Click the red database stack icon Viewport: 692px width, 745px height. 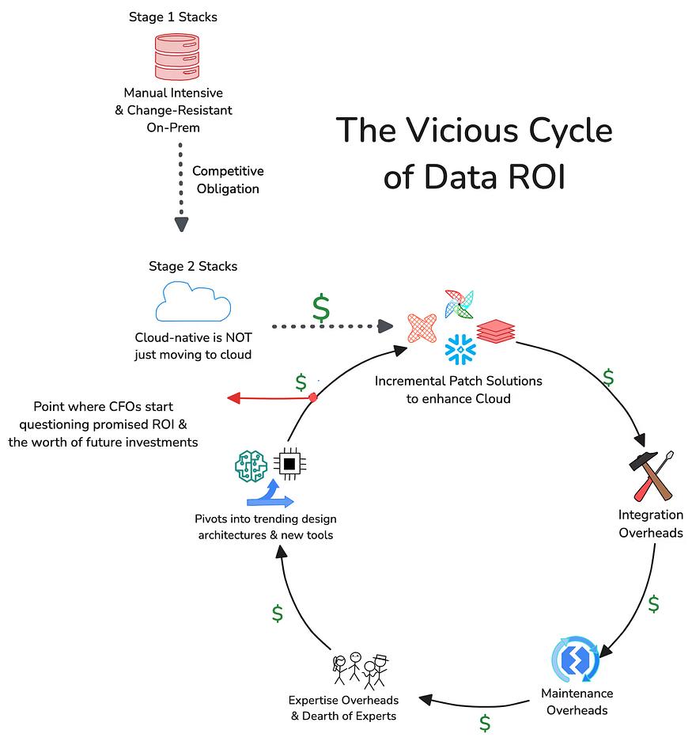coord(176,56)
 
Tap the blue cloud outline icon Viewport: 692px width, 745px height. coord(193,302)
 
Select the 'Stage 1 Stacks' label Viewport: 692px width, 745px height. coord(172,17)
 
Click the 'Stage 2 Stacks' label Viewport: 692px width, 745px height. coord(193,266)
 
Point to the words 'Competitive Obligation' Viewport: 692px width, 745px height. coord(228,180)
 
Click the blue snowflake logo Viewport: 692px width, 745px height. coord(460,349)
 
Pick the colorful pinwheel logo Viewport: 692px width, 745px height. coord(459,304)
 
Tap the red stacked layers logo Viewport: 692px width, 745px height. coord(496,331)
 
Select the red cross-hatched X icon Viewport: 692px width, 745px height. coord(422,328)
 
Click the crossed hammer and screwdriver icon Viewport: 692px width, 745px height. coord(651,476)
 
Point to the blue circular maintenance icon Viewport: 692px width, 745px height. coord(575,659)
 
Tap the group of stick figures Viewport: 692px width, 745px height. coord(361,671)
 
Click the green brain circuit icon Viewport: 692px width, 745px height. coord(251,466)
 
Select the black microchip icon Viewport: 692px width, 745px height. coord(289,463)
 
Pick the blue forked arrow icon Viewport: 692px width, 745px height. coord(270,493)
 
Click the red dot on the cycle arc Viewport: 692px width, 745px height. coord(312,397)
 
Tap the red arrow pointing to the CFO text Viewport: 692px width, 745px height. coord(270,397)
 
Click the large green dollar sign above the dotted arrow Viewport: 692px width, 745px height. coord(321,308)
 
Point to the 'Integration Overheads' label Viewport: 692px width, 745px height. coord(651,523)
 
